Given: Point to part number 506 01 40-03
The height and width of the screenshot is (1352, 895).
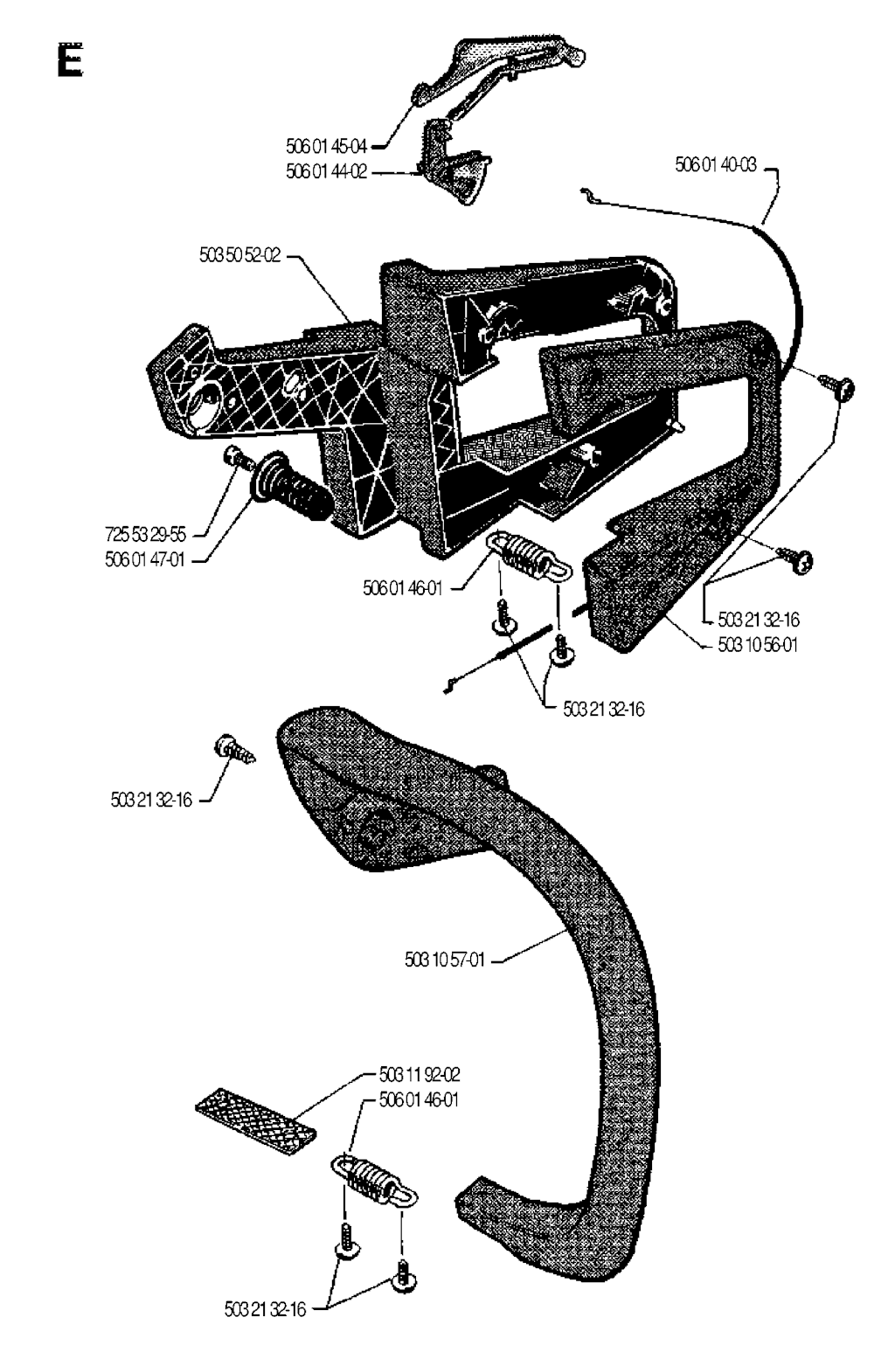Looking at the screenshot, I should click(716, 164).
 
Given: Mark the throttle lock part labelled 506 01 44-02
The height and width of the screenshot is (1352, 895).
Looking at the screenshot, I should click(454, 166).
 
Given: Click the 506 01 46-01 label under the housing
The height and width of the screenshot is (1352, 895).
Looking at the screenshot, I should click(403, 589).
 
